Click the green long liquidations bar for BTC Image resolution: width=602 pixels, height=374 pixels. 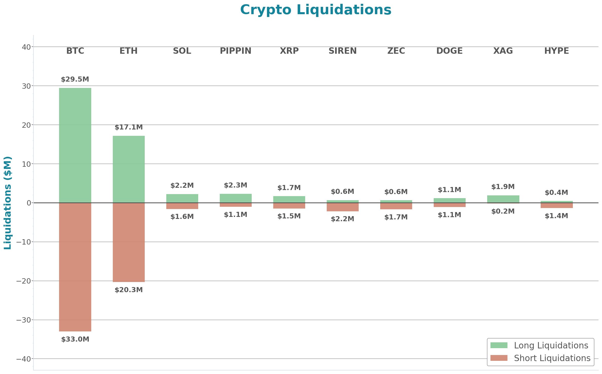(75, 145)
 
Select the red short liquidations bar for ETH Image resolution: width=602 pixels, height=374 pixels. (129, 242)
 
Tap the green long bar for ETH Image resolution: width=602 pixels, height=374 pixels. (129, 169)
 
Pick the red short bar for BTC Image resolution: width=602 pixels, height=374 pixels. (75, 267)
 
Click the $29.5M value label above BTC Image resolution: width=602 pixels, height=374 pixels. (75, 79)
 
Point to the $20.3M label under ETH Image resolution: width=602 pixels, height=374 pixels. (129, 290)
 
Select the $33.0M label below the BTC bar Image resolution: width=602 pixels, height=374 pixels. (75, 339)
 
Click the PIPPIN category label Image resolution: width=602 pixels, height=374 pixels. (235, 51)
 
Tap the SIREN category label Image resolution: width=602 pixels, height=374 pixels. (342, 51)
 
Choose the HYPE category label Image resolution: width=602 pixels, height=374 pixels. (557, 51)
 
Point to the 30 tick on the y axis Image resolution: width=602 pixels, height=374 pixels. (26, 86)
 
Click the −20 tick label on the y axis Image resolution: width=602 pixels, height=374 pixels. (24, 281)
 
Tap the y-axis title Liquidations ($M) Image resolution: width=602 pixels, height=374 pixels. (8, 203)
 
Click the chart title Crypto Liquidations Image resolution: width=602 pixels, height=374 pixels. (316, 10)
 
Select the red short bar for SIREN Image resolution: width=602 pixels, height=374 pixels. (342, 207)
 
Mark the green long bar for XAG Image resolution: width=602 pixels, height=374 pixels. (503, 199)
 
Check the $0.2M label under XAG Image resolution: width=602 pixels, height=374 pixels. (503, 211)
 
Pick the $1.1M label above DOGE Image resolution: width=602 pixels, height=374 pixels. (449, 190)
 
